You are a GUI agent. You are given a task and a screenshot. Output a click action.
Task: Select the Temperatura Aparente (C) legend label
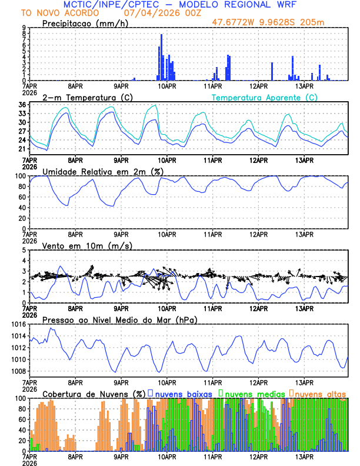[264, 96]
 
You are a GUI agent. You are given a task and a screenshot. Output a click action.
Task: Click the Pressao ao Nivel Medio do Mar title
[119, 319]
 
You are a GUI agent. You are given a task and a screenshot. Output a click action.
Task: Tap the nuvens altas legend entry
[321, 393]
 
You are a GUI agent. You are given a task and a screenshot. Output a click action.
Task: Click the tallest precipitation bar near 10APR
[161, 57]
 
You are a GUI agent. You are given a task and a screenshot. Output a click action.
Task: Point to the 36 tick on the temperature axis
[21, 105]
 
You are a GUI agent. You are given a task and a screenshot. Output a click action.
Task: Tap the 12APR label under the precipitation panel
[258, 86]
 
